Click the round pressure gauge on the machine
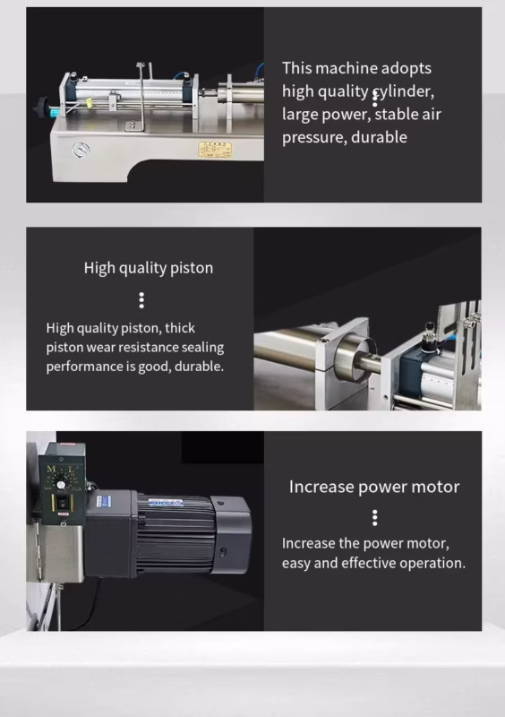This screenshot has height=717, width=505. pos(81,150)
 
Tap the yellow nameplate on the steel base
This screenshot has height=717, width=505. pos(214,150)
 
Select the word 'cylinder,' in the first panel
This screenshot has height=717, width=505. pos(403,91)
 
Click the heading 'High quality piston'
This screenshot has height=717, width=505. pos(149,268)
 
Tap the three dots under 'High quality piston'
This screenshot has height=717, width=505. pos(141,300)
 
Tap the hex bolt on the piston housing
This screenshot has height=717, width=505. pos(324,341)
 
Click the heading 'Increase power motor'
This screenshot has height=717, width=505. pos(374,487)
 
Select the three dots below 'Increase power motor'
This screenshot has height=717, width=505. pos(375,518)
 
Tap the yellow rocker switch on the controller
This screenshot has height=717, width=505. pos(62,503)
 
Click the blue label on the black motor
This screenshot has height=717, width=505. pos(166,503)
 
